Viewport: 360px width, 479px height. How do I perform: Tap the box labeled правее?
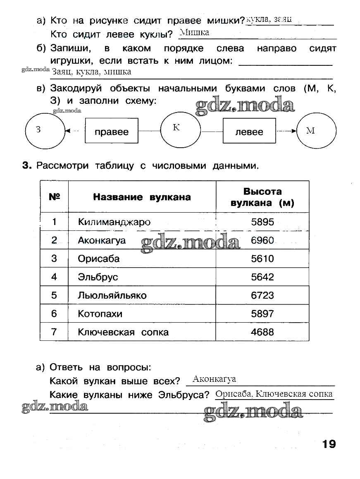(111, 132)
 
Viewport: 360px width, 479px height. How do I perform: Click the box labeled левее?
(249, 132)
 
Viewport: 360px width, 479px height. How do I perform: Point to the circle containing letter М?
(317, 131)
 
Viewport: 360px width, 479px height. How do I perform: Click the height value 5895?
(262, 222)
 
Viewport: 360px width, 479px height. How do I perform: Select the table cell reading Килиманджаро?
(114, 222)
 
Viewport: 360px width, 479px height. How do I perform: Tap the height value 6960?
(262, 240)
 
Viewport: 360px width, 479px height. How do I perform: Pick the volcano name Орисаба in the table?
(99, 259)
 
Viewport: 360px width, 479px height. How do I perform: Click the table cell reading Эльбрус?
(98, 277)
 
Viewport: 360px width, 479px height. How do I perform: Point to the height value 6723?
(262, 295)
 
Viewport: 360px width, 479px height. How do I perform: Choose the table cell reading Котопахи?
(100, 314)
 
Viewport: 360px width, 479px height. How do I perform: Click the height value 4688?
(262, 332)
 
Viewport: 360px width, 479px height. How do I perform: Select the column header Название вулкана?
(142, 197)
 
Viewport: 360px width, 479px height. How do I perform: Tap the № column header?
(54, 197)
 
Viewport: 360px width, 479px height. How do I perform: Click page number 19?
(329, 444)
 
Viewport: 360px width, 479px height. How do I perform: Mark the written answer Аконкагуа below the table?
(214, 379)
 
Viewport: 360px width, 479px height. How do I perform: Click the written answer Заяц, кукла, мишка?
(91, 72)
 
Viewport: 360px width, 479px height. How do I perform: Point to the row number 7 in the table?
(54, 332)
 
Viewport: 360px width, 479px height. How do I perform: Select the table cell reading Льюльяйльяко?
(112, 295)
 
